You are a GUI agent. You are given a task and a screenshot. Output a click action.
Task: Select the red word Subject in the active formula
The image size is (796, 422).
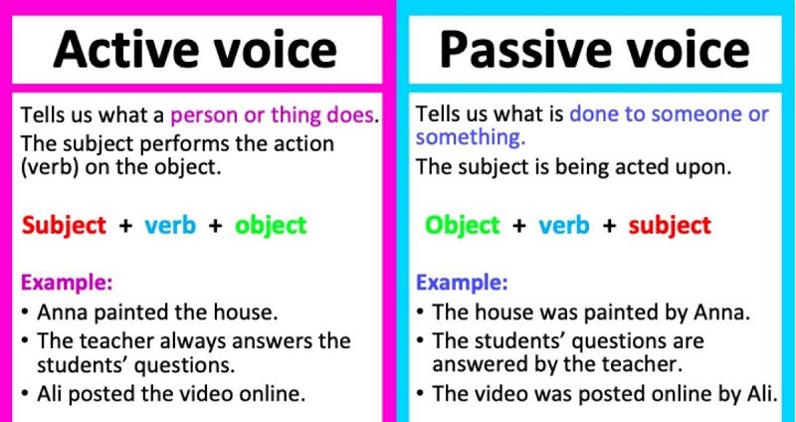coord(64,226)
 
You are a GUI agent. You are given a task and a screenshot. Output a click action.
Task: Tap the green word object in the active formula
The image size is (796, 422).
coord(271,226)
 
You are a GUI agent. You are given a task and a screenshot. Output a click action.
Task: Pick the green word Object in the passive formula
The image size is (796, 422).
coord(462,226)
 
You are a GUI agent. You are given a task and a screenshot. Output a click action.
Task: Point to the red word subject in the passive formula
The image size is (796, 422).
coord(669,226)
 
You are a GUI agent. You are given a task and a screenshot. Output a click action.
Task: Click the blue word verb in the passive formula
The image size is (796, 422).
coord(563,226)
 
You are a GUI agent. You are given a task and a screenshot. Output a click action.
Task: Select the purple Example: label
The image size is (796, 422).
coord(67,283)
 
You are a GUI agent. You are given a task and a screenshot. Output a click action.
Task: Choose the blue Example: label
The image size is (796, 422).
coord(462,283)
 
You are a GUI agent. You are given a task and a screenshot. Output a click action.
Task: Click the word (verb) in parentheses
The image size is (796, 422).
coord(49,167)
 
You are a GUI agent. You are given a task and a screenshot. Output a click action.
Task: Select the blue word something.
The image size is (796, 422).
coord(471,137)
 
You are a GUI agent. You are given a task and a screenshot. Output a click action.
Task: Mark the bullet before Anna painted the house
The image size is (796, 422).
coord(25,312)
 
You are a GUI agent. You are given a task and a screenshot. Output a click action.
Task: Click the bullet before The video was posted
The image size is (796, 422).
coord(420,392)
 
